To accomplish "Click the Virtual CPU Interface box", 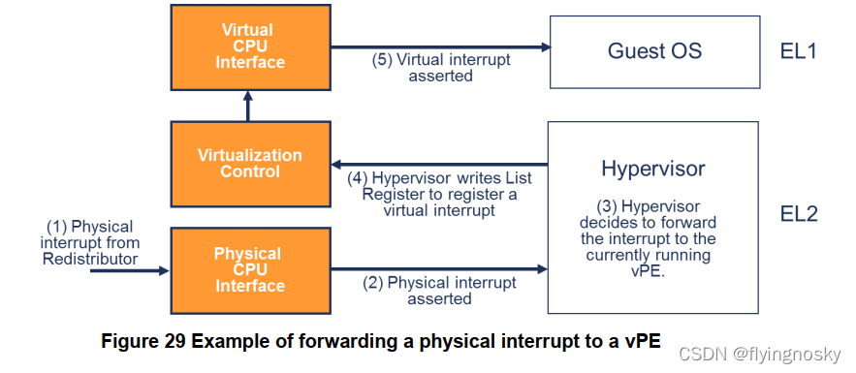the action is pos(250,47).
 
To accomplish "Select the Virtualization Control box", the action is pos(250,164).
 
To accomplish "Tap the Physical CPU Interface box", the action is pos(250,270).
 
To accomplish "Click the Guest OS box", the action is pos(654,51).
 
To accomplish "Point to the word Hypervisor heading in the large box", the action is pos(653,169).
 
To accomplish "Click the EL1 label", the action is pos(798,51).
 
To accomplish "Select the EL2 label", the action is pos(799,214).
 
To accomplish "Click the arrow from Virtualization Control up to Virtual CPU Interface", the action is pos(248,107).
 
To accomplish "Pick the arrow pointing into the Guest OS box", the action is pos(440,47).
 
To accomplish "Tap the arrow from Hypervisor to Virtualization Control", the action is pos(439,164).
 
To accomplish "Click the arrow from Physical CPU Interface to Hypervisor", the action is pos(439,268).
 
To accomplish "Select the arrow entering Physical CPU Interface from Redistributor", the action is pos(130,270).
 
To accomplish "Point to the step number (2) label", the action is pos(373,283).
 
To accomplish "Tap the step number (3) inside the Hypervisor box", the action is pos(607,207).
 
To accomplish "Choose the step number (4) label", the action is pos(358,178).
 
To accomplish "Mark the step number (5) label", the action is pos(383,60).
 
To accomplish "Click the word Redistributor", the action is pos(90,259).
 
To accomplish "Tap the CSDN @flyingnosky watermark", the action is pos(759,355).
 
